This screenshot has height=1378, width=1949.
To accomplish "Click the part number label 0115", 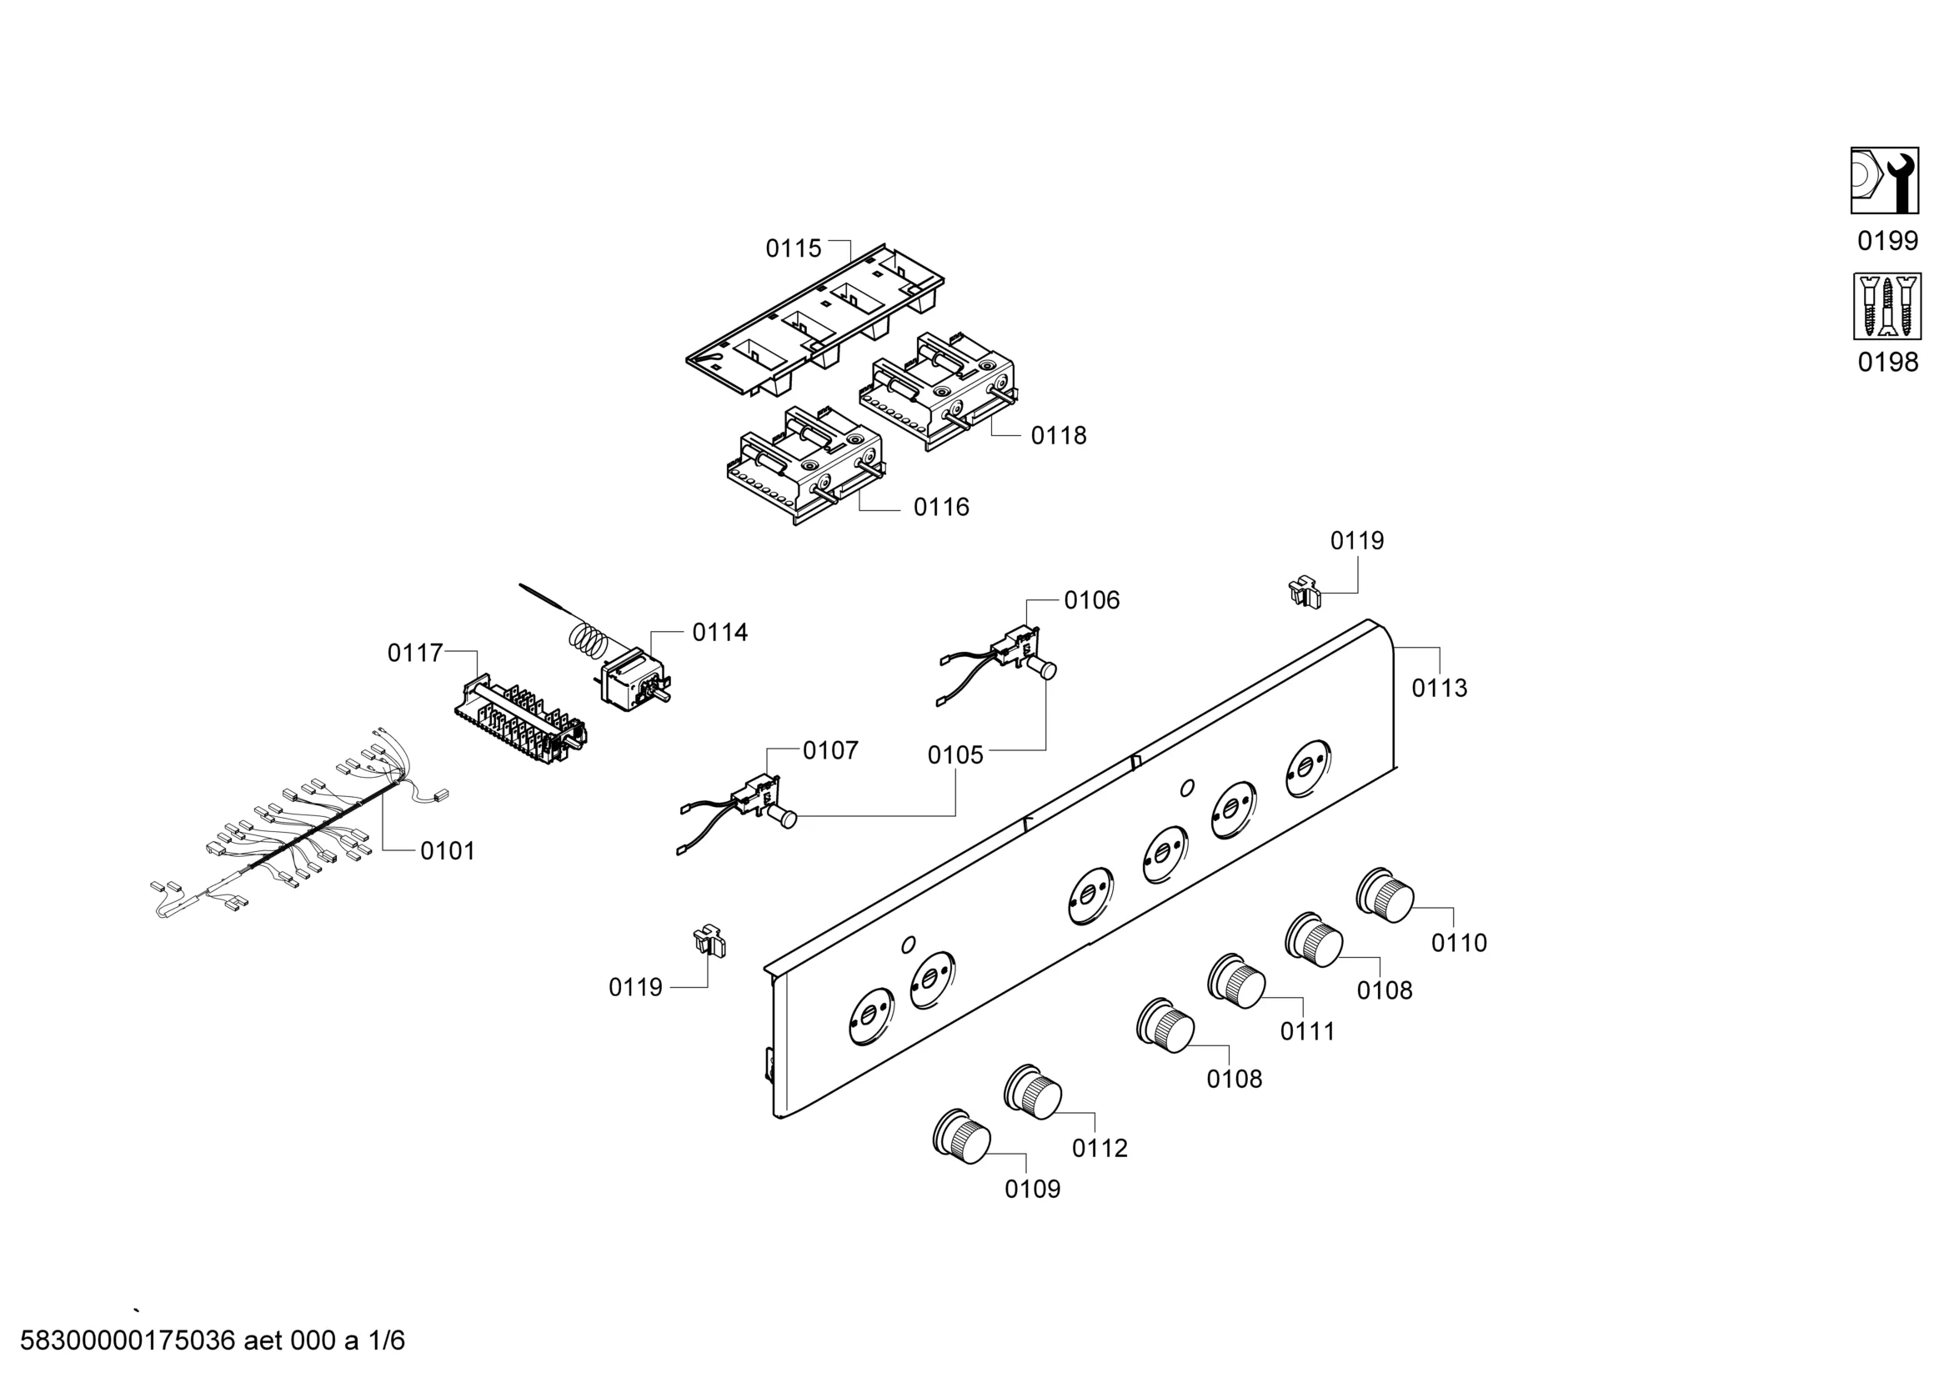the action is coord(793,248).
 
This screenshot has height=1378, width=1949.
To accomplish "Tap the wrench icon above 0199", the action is coord(1886,181).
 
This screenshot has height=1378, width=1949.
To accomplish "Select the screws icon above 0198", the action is coord(1886,306).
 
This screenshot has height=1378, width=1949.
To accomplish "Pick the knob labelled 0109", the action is coord(961,1135).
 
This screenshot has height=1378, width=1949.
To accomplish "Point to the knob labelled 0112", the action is coord(1032,1091).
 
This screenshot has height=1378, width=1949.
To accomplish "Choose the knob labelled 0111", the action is coord(1236,980).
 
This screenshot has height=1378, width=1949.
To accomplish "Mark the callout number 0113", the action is coord(1439,688).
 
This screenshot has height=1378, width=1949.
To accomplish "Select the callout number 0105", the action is coord(955,754).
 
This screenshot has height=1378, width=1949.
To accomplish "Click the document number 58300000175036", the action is coord(128,1340).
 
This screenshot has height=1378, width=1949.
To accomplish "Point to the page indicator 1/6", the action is coord(385,1340).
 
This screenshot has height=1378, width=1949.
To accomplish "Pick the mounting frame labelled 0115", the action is coord(816,319).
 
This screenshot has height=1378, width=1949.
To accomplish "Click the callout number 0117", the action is coord(415,653).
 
